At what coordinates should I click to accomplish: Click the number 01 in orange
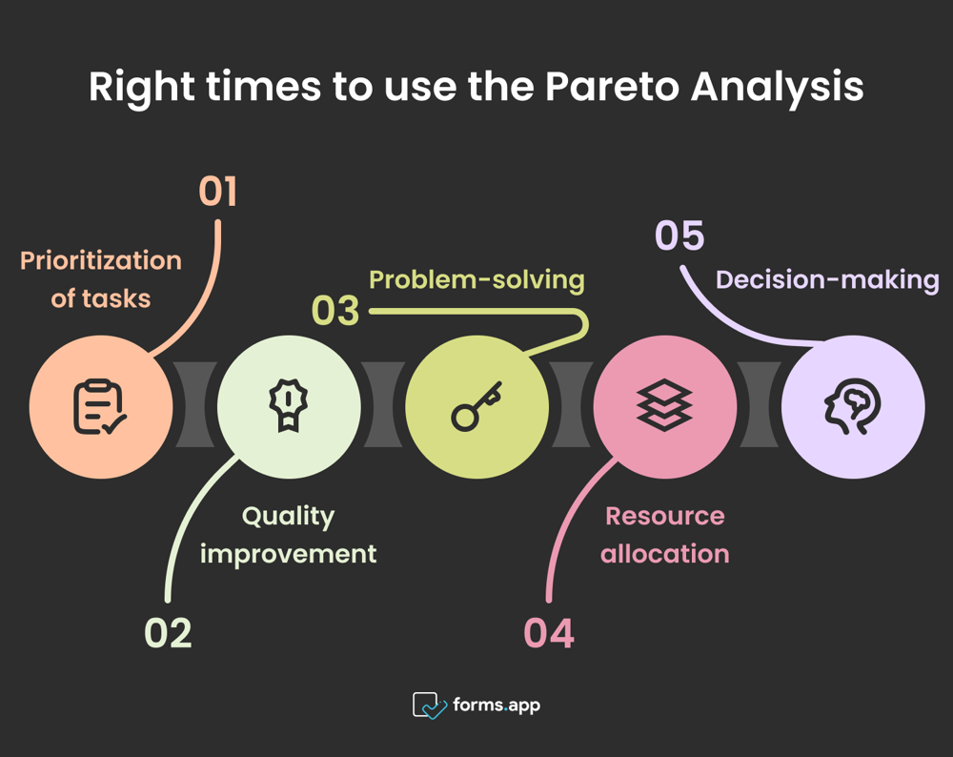tap(217, 192)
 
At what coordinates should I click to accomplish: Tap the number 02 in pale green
tap(168, 633)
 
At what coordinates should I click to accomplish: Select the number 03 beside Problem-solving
tap(335, 312)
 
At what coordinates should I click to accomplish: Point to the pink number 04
tap(549, 633)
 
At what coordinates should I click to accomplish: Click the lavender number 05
tap(679, 236)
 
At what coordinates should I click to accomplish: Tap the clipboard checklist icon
tap(100, 407)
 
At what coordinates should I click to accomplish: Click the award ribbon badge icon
tap(288, 405)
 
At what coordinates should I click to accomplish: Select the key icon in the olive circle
tap(476, 407)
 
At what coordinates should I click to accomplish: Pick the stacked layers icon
tap(664, 405)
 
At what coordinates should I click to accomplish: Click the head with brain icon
tap(852, 407)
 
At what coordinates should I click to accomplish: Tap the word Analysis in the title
tap(776, 87)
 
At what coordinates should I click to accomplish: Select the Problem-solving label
tap(476, 279)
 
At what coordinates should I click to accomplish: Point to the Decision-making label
tap(827, 279)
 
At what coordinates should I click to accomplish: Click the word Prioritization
tap(101, 260)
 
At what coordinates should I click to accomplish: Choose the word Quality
tap(288, 516)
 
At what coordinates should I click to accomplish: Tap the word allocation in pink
tap(664, 553)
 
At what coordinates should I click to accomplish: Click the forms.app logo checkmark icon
tap(429, 706)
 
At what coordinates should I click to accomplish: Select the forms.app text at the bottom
tap(497, 706)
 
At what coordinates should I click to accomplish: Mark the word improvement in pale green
tap(288, 553)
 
